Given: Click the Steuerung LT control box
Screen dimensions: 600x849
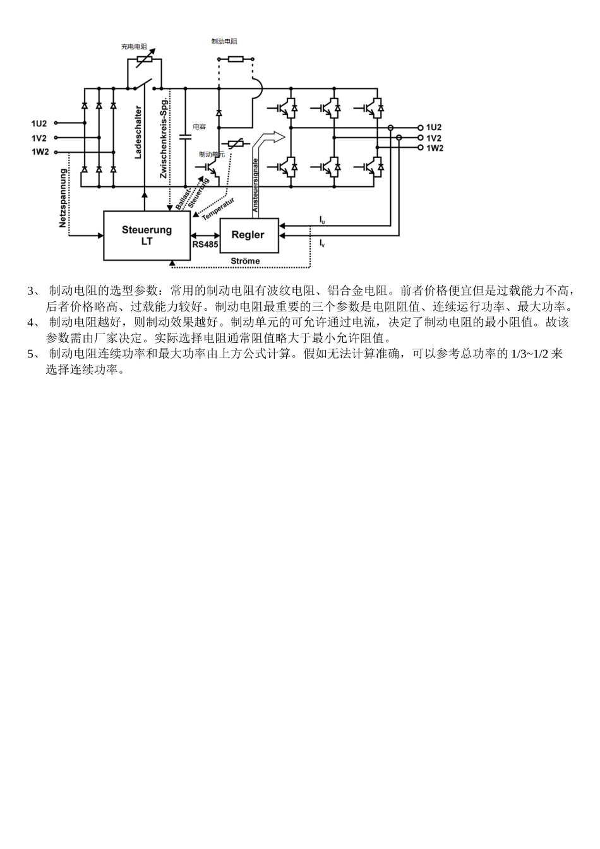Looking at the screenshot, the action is click(147, 236).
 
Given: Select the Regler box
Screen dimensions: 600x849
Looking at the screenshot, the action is click(248, 235).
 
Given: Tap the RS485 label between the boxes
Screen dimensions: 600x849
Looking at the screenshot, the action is click(205, 243).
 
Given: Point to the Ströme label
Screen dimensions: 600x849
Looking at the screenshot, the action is click(245, 261).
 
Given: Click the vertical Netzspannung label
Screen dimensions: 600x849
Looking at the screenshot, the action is click(63, 198).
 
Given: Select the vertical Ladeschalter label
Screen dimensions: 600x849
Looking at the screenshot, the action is click(138, 132).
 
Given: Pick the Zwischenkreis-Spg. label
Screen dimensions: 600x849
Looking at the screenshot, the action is click(163, 138).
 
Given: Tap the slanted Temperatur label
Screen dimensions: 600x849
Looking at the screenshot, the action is click(218, 209).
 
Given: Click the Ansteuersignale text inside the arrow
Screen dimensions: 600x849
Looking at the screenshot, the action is click(256, 185).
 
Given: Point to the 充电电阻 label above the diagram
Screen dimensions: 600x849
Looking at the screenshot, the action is click(134, 47).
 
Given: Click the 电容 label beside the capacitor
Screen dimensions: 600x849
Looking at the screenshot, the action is click(199, 127).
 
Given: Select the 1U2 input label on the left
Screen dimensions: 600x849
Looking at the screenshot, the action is click(39, 124).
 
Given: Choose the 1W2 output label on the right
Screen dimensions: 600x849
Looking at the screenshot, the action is click(434, 148).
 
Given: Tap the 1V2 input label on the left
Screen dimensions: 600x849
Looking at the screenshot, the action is click(39, 138).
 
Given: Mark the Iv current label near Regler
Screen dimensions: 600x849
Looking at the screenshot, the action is click(322, 243).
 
